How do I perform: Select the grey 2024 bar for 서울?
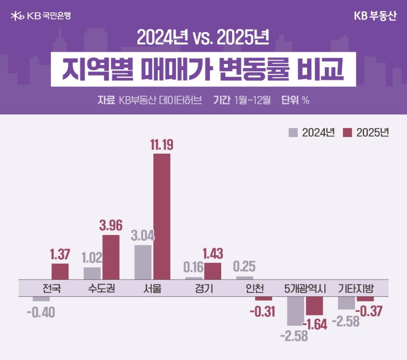click(143, 261)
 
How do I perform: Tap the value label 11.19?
click(162, 145)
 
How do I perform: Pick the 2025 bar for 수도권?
click(111, 257)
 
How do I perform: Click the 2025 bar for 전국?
click(60, 271)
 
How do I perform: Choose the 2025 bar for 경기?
click(213, 271)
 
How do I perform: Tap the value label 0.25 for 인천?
click(244, 267)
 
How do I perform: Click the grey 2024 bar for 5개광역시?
click(295, 311)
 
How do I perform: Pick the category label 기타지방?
click(356, 289)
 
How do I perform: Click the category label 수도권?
click(102, 289)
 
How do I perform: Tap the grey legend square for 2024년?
click(293, 132)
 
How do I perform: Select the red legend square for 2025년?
click(347, 132)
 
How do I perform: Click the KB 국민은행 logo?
click(40, 16)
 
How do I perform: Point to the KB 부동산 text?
click(375, 16)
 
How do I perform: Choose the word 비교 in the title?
click(324, 69)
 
